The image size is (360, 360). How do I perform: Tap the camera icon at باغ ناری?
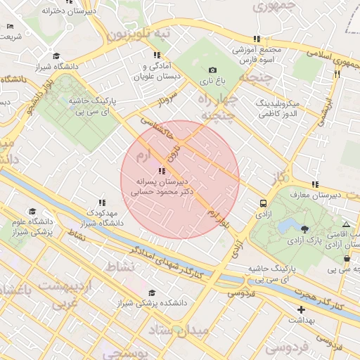pyautogui.click(x=212, y=70)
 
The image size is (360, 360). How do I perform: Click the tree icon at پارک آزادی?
pyautogui.click(x=304, y=229)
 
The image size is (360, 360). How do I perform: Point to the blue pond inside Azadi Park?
pyautogui.click(x=288, y=226)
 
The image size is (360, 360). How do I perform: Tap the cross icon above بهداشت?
pyautogui.click(x=302, y=309)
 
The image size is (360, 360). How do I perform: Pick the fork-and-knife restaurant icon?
pyautogui.click(x=337, y=73)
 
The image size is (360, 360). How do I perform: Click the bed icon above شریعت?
pyautogui.click(x=10, y=27)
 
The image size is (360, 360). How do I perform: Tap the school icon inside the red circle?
pyautogui.click(x=162, y=171)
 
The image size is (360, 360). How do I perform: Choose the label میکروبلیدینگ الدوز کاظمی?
pyautogui.click(x=279, y=108)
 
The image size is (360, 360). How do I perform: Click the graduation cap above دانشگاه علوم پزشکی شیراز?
pyautogui.click(x=32, y=212)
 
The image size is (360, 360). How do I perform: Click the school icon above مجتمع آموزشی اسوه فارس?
pyautogui.click(x=257, y=39)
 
